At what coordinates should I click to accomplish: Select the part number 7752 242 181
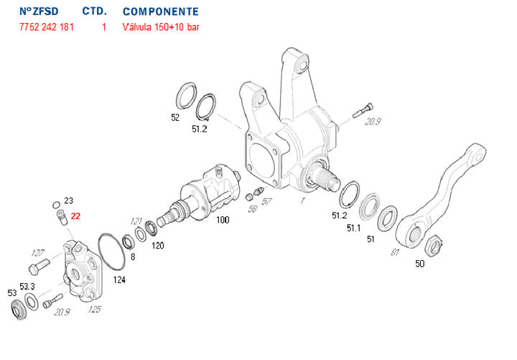(x=45, y=27)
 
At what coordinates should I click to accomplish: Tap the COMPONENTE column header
(x=160, y=12)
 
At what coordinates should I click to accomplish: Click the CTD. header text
(x=95, y=12)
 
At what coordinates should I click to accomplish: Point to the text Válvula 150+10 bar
(x=162, y=27)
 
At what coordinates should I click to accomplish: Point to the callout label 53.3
(x=27, y=286)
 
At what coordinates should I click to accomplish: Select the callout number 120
(x=157, y=245)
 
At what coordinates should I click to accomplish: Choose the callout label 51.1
(x=353, y=228)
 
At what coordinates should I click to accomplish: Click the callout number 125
(x=95, y=310)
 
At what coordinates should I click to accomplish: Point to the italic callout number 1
(x=302, y=200)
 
